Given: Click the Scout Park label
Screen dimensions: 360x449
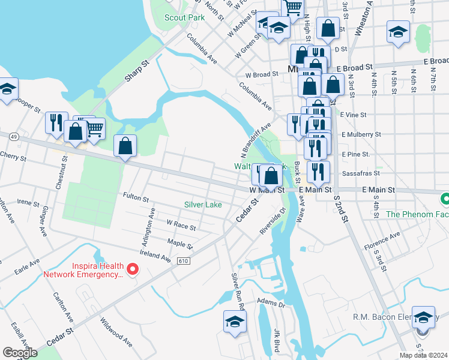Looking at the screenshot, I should coord(185,17).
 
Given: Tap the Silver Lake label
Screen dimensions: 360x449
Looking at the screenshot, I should coord(203,205).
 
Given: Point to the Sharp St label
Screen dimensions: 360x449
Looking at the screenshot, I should coord(136,70).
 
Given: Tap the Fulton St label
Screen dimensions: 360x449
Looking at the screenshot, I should coord(136,196).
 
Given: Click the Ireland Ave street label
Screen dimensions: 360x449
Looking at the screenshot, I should coord(155,257).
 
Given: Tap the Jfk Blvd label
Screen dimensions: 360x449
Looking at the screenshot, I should coord(277,340).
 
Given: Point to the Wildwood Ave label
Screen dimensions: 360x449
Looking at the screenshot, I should coord(116,332).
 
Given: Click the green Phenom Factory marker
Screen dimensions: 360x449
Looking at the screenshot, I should coord(445,199).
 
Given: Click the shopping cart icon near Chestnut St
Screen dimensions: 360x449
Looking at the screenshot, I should coord(95,127).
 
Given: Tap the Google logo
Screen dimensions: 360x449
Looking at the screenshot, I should coord(20,353).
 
